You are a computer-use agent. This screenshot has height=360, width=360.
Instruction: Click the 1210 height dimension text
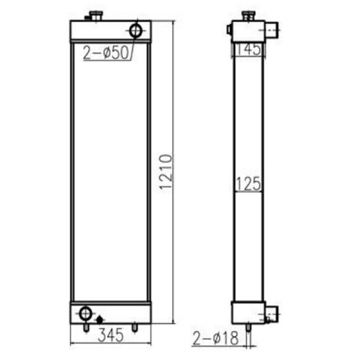click(x=166, y=171)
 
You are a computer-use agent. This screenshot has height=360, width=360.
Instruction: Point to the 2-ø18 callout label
click(x=216, y=338)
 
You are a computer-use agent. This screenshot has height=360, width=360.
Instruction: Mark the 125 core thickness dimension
click(x=248, y=184)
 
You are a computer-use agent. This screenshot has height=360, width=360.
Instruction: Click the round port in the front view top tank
click(x=136, y=31)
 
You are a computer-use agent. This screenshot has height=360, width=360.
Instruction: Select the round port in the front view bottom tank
click(x=85, y=313)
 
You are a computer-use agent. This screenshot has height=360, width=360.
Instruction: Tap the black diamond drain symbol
click(x=99, y=319)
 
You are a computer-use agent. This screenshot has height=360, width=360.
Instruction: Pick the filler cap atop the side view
click(x=248, y=16)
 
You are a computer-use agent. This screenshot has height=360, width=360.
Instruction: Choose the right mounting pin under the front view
click(x=134, y=328)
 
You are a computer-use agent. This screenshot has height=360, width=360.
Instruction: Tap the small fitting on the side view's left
click(x=229, y=30)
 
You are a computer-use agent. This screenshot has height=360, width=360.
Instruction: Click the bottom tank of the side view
click(x=247, y=312)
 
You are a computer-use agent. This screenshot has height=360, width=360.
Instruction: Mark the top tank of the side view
click(x=247, y=31)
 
